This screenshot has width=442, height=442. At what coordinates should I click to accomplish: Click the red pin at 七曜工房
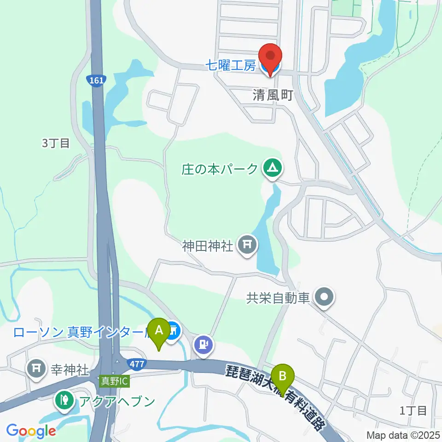(270, 58)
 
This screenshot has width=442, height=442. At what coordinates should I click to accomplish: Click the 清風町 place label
(273, 95)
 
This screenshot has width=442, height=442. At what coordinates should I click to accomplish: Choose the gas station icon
(204, 343)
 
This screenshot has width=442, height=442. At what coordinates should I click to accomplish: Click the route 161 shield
(96, 80)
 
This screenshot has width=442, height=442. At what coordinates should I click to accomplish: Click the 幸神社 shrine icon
(36, 368)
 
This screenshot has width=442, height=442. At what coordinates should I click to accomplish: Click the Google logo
(31, 431)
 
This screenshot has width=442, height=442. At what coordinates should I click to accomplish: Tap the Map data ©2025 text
(403, 435)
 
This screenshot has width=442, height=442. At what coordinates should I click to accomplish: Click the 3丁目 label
(56, 143)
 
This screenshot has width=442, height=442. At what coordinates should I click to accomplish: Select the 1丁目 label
(413, 410)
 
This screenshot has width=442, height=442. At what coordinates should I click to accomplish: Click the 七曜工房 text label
(230, 66)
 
